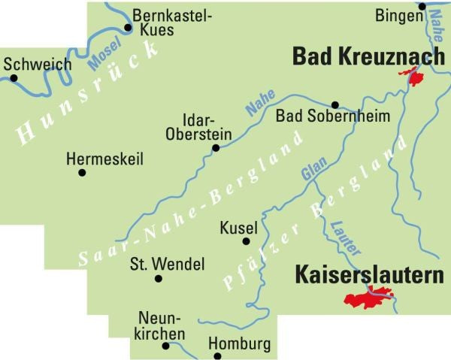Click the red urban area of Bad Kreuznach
click(412, 76)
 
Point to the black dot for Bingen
click(422, 7)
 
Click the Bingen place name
click(396, 15)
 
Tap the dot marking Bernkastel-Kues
click(127, 28)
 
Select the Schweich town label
click(37, 64)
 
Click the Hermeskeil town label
click(104, 159)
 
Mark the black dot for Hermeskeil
click(82, 172)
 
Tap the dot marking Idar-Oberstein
click(216, 147)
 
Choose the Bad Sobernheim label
click(322, 116)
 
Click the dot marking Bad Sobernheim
click(335, 104)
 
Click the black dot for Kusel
click(246, 241)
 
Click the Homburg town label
click(238, 345)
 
